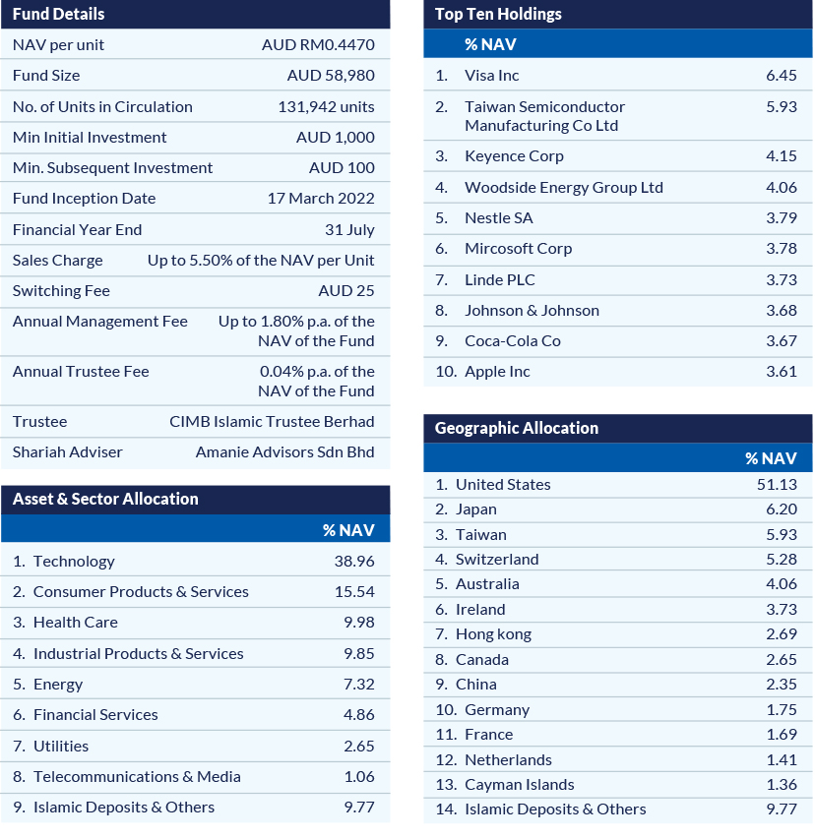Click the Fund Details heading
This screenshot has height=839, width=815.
[x=58, y=14]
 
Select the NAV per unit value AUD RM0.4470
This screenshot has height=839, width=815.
[x=318, y=44]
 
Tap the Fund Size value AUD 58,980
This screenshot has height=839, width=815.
[x=331, y=75]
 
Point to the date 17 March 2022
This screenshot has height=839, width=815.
[x=321, y=198]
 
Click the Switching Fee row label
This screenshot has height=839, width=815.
[x=61, y=290]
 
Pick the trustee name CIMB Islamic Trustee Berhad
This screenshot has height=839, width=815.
[x=272, y=421]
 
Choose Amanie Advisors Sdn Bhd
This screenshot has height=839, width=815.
[x=284, y=452]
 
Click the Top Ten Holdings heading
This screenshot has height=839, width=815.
[x=498, y=14]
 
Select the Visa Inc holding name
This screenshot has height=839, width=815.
[x=491, y=75]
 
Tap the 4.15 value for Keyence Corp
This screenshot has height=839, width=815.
[x=781, y=155]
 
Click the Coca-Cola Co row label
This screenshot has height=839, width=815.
[x=512, y=340]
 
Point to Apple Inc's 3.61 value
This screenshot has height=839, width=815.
[x=781, y=371]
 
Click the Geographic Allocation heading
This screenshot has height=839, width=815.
[x=516, y=428]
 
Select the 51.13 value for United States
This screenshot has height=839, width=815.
[x=778, y=484]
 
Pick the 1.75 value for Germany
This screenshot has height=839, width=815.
[x=781, y=709]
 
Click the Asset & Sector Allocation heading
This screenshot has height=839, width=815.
[x=105, y=499]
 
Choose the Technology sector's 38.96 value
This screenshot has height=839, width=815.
[x=354, y=561]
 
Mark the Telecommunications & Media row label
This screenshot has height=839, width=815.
[x=137, y=776]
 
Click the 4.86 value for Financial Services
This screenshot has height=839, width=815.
[x=358, y=714]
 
